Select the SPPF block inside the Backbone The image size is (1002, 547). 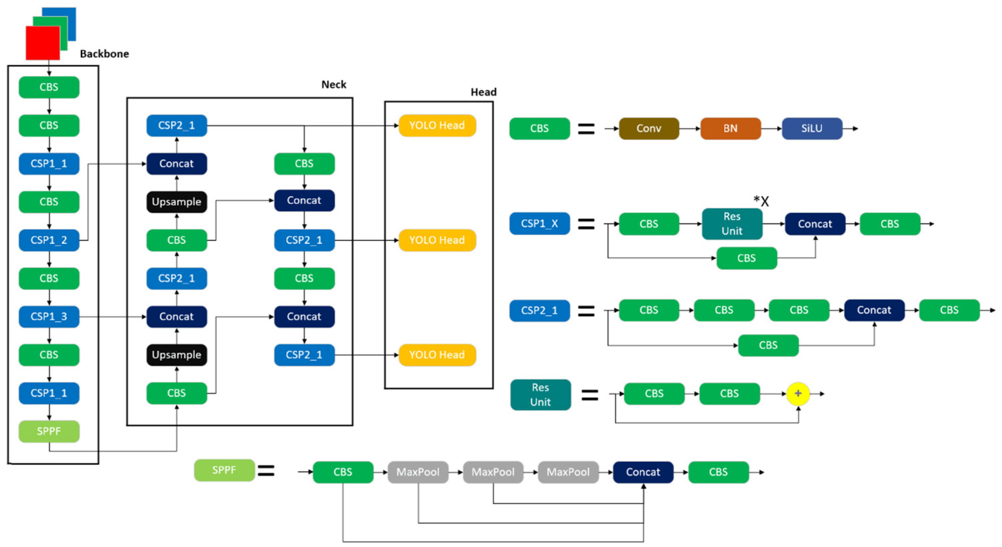(x=49, y=431)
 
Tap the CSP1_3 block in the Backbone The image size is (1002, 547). (x=49, y=316)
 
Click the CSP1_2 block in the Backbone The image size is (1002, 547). (x=49, y=240)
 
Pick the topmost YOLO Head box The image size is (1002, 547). (x=437, y=125)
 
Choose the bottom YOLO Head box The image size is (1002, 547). (x=437, y=355)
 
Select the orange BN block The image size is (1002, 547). (x=730, y=129)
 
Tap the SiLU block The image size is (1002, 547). (x=812, y=129)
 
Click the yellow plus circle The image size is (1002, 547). (x=798, y=393)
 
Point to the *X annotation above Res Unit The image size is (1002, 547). (x=761, y=201)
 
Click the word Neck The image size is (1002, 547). (x=333, y=84)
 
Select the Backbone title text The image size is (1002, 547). (x=104, y=54)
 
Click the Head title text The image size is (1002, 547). (x=483, y=92)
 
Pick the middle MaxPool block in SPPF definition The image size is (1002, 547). (x=493, y=472)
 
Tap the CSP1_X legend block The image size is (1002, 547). (x=539, y=223)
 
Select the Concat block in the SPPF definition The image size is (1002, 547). (x=643, y=472)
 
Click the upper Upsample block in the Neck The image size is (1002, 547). (x=177, y=202)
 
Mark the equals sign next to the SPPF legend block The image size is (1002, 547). (x=266, y=471)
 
